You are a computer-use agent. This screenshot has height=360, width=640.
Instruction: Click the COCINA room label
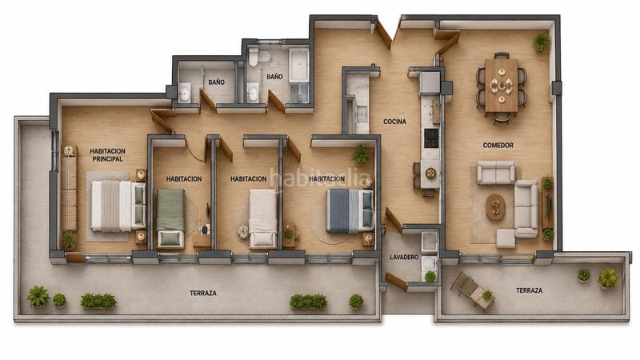pos(394,122)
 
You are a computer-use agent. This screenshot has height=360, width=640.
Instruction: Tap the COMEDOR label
pos(498,146)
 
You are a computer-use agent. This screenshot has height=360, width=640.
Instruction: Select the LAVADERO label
pos(404,257)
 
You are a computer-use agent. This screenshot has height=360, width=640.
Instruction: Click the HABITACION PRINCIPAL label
pos(108,155)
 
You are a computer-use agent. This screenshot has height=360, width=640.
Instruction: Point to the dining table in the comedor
pos(502,85)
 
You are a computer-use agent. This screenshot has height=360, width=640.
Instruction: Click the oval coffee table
pos(495,206)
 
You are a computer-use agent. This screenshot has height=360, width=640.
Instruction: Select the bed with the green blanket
pos(170,218)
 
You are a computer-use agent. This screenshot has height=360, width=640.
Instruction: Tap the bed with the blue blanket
pos(350,210)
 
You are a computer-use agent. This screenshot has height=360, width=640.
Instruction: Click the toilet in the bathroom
pos(254,57)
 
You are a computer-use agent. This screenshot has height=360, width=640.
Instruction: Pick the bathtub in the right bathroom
pos(299,66)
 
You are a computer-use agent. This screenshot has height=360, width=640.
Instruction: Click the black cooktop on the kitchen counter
pos(431,138)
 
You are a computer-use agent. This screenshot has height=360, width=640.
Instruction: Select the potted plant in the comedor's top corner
pos(542,42)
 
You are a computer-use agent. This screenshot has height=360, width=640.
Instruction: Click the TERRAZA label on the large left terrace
pos(203,293)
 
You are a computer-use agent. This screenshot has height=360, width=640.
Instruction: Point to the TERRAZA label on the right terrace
pos(530,290)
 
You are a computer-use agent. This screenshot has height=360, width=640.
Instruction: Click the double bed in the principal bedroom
pos(118,206)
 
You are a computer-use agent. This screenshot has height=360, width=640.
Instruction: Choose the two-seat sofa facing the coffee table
pos(496,172)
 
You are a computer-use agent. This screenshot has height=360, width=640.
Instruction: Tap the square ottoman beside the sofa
pos(506,238)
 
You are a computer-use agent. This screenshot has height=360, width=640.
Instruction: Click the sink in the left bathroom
pos(185,92)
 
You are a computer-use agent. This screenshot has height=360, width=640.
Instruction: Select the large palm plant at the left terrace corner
pos(38,296)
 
